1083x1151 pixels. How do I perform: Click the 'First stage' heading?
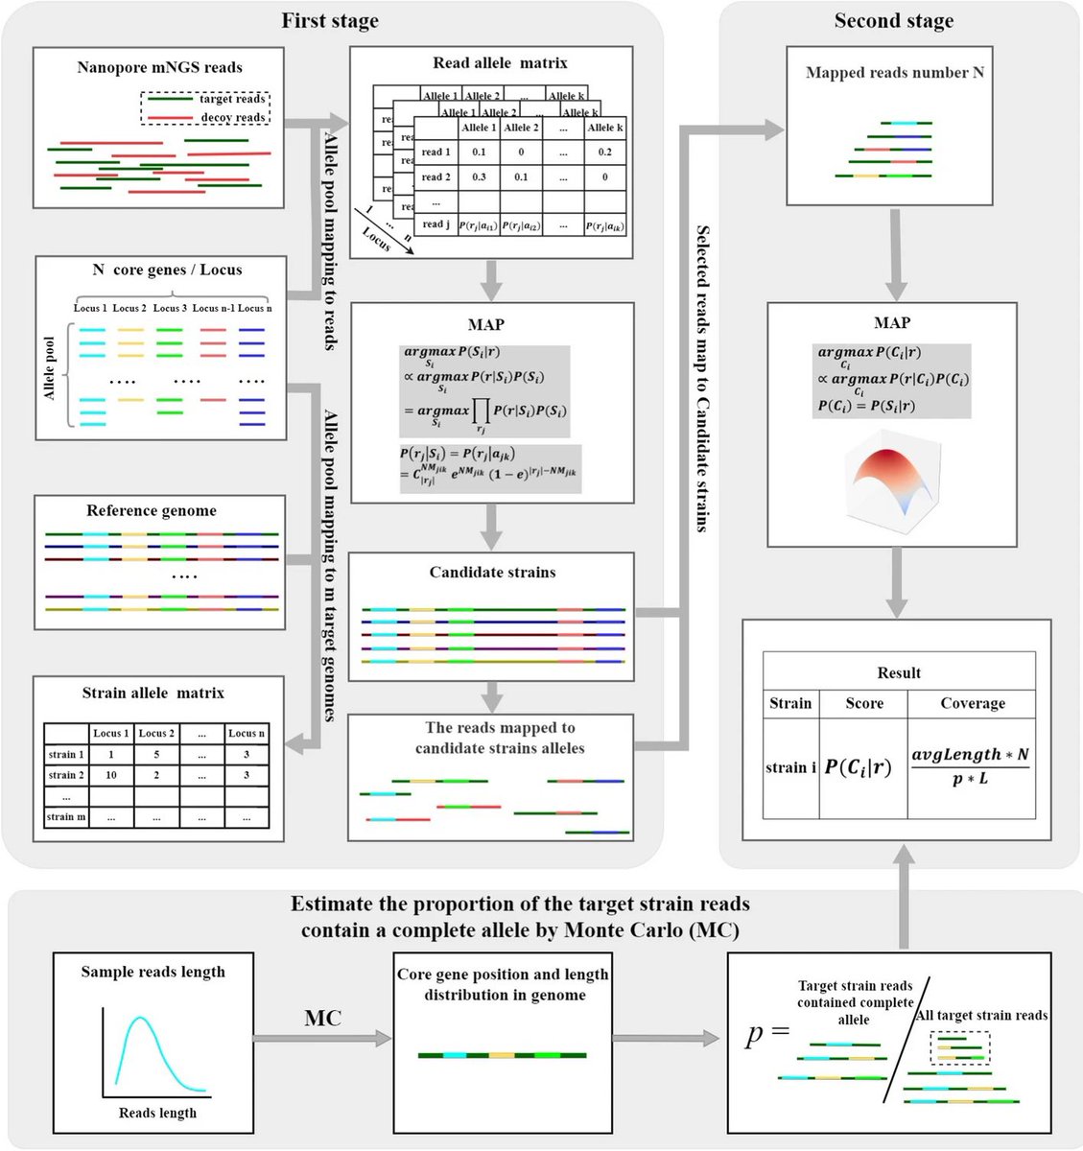tap(329, 21)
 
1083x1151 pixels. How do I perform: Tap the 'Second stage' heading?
tap(893, 21)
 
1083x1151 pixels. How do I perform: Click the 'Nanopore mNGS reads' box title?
tap(159, 68)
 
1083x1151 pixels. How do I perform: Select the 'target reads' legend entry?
tap(232, 99)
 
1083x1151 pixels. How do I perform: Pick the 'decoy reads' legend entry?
tap(232, 117)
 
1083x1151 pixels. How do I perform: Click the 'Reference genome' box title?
tap(152, 510)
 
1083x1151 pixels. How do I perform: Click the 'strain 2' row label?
tap(66, 774)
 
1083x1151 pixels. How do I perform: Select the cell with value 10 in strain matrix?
tap(111, 774)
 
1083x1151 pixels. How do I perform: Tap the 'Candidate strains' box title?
tap(492, 573)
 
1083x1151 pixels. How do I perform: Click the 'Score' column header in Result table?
tap(863, 703)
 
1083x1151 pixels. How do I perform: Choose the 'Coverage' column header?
tap(972, 703)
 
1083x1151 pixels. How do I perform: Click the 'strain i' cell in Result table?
tap(790, 767)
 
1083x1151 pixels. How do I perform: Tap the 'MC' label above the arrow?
tap(322, 1019)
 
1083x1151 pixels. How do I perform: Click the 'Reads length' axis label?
tap(157, 1113)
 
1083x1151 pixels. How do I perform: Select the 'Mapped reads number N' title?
tap(894, 73)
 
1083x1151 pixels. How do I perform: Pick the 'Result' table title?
tap(898, 672)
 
